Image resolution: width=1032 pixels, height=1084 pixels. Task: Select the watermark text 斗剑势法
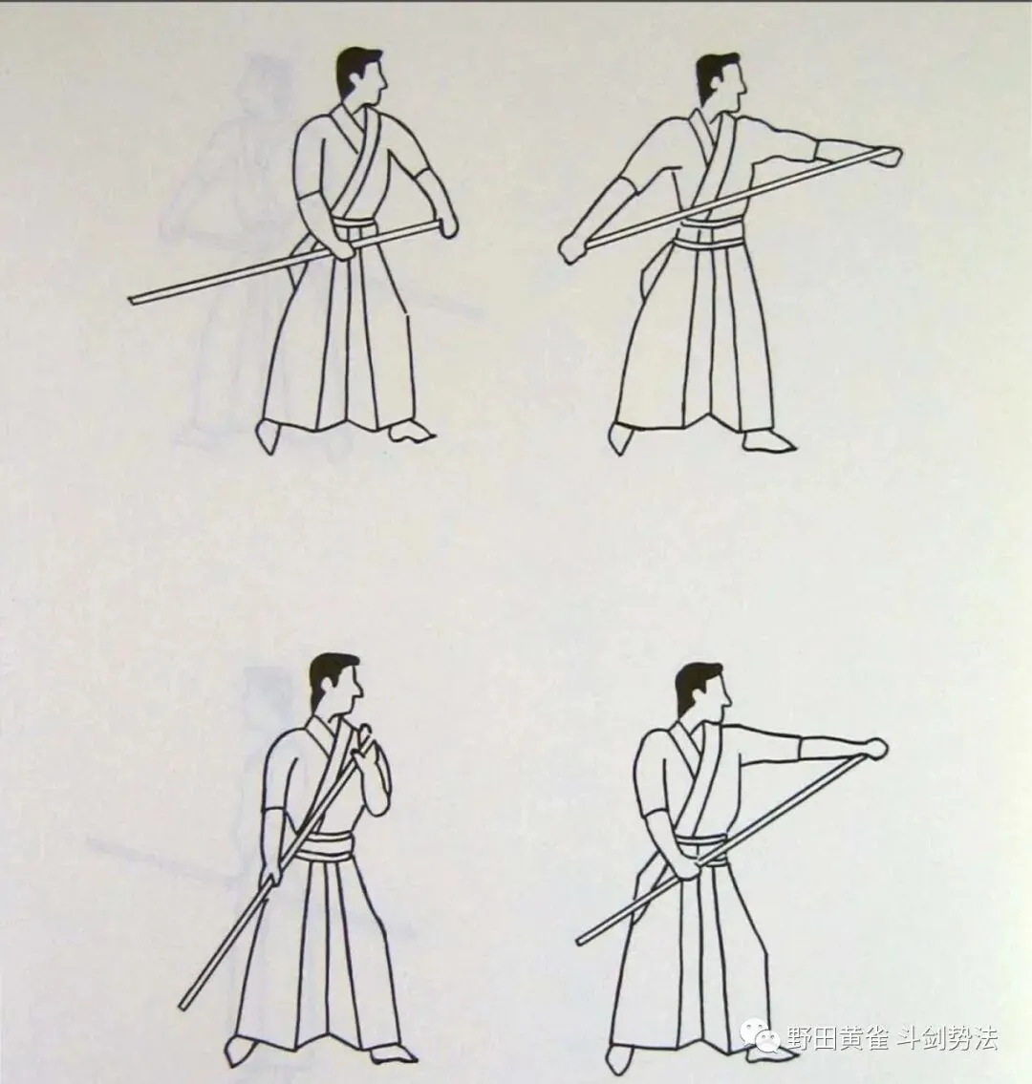tap(947, 1038)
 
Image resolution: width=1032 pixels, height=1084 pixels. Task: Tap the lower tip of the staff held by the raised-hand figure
tap(183, 1007)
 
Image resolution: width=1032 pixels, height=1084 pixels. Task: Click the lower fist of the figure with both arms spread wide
tap(572, 247)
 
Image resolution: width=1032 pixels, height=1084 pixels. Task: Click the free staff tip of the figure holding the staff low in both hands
tap(132, 299)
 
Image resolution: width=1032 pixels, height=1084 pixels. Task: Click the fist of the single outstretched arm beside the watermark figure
tap(875, 749)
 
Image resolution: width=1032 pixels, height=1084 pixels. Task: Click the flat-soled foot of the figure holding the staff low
tap(412, 434)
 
